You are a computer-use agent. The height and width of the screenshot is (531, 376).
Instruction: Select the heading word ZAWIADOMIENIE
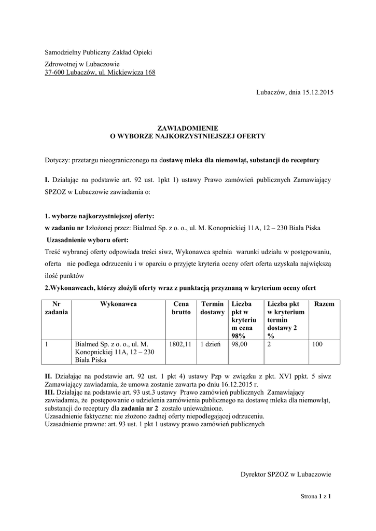pos(188,128)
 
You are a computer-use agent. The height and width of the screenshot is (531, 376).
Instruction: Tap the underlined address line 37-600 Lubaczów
pos(100,73)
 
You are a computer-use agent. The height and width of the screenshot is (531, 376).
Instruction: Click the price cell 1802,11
pos(180,344)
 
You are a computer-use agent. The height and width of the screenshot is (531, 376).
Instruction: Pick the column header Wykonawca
pos(119,304)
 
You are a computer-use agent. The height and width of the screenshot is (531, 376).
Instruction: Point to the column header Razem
pos(325,304)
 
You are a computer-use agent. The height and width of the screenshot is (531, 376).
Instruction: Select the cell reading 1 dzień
pos(211,344)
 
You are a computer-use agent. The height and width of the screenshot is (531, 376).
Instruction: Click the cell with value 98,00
pos(240,344)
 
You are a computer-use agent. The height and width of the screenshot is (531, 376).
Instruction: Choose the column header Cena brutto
pos(181,308)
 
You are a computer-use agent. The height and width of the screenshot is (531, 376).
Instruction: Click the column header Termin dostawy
pos(212,308)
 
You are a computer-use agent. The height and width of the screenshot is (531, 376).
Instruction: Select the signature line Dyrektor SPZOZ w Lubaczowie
pos(286,474)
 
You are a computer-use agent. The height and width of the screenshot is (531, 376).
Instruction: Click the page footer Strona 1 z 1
pos(316,496)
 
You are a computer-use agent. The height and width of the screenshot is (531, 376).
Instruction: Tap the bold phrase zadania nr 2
pos(139,408)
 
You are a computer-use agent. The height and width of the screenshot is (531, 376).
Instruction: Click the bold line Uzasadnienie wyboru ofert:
pos(88,240)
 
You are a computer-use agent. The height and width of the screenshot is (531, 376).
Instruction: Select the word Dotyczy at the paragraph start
pos(57,160)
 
